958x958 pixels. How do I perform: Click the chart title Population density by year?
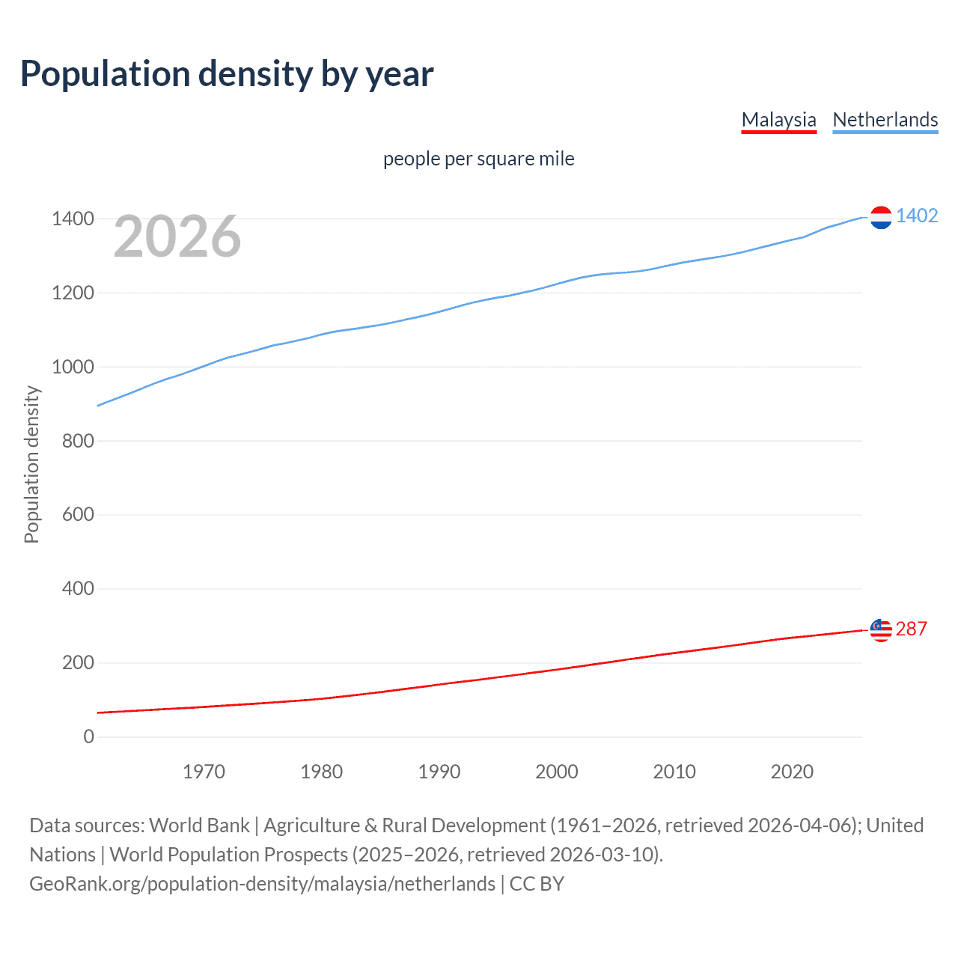(x=227, y=74)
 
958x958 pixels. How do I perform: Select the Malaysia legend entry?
(x=778, y=120)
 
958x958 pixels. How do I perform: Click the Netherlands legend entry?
(x=885, y=120)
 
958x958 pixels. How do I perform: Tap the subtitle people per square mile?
(x=478, y=159)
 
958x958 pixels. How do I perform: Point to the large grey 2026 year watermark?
(x=177, y=237)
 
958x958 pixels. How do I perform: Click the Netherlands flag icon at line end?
(x=881, y=217)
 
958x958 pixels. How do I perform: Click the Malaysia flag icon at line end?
(x=881, y=630)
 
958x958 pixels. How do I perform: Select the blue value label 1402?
(x=916, y=216)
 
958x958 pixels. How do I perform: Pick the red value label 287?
(x=911, y=629)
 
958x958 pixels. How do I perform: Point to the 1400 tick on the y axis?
(x=73, y=219)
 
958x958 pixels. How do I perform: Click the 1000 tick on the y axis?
(x=73, y=367)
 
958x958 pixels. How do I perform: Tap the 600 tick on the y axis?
(x=78, y=514)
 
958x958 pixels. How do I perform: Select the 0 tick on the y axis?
(x=89, y=736)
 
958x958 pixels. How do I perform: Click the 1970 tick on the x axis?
(x=204, y=772)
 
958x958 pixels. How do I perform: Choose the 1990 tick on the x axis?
(x=439, y=772)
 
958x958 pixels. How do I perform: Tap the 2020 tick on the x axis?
(x=792, y=772)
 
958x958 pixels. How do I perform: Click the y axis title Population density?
(x=31, y=464)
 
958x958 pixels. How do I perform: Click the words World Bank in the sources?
(x=199, y=825)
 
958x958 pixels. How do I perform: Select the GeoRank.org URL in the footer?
(x=262, y=884)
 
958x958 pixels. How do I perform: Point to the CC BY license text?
(x=537, y=884)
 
